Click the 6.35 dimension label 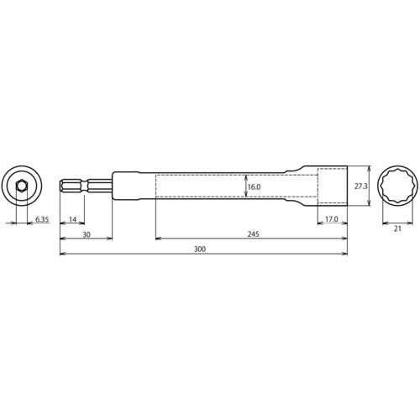click(x=42, y=219)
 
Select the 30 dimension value click(x=87, y=235)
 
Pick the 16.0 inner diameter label click(x=255, y=187)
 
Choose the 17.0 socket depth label click(x=331, y=219)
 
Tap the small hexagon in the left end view click(x=21, y=186)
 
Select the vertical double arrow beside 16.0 click(x=244, y=186)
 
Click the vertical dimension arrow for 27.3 click(x=347, y=186)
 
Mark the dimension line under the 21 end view click(x=397, y=225)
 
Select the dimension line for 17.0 click(x=331, y=225)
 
